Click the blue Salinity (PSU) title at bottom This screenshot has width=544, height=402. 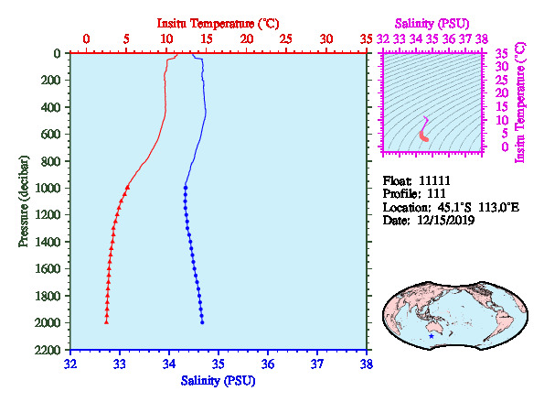(x=218, y=381)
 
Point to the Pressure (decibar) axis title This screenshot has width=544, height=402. (x=24, y=201)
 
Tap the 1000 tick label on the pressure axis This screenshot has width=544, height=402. (x=48, y=188)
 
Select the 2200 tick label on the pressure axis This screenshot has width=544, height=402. (x=48, y=350)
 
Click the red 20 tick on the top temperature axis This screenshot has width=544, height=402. (x=247, y=38)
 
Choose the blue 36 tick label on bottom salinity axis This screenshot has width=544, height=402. (x=268, y=364)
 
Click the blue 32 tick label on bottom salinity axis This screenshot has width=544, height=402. (x=70, y=364)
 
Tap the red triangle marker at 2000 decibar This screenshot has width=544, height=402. (x=106, y=322)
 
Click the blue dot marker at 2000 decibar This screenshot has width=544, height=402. (x=202, y=322)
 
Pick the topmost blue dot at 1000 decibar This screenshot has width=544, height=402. (x=186, y=188)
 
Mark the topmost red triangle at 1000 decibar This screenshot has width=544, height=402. (x=127, y=187)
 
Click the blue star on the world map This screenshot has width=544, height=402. (x=432, y=336)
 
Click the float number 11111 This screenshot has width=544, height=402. (x=434, y=180)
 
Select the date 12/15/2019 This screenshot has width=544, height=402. (x=445, y=221)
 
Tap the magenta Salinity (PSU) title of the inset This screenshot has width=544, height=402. (x=432, y=24)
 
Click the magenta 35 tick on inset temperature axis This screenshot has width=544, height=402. (x=502, y=54)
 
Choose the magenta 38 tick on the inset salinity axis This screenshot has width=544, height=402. (x=482, y=38)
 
